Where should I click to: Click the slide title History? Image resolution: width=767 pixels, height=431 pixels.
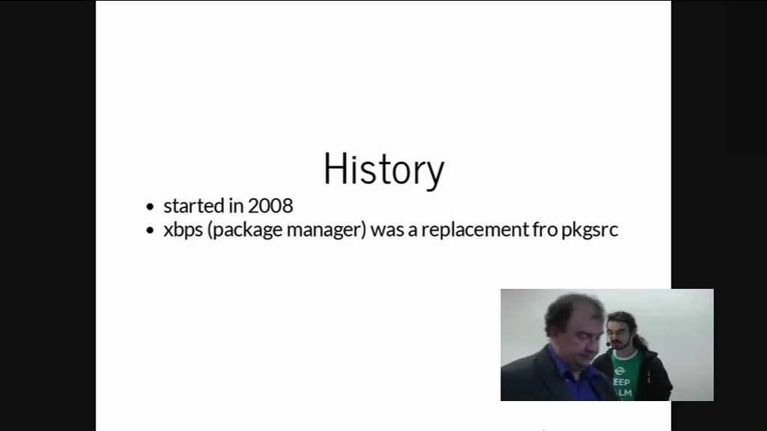click(x=384, y=169)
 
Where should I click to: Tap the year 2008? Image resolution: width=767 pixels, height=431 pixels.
click(x=270, y=206)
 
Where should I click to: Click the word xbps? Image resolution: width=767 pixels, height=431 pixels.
click(x=183, y=230)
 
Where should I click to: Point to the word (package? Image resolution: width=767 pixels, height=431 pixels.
click(x=245, y=230)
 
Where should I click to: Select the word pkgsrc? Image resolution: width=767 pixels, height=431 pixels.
click(x=589, y=230)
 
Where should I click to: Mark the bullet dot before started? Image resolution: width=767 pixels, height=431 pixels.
click(x=150, y=207)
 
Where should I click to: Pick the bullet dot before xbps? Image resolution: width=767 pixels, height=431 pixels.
click(x=150, y=230)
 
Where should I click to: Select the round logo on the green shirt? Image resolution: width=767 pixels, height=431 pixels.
click(x=619, y=370)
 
